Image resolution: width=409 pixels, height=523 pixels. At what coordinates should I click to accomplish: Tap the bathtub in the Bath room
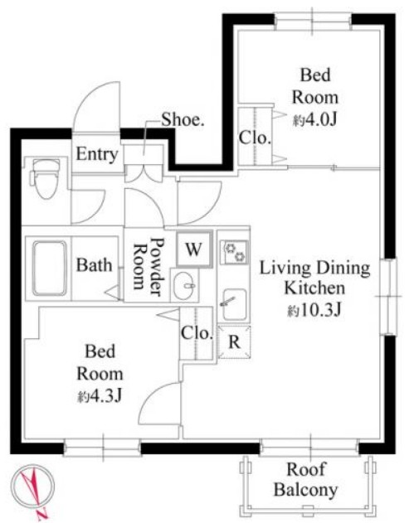(x=50, y=269)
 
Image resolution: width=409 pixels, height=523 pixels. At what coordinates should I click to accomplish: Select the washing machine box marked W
(x=194, y=249)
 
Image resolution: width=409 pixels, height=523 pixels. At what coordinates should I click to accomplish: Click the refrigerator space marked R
(x=235, y=342)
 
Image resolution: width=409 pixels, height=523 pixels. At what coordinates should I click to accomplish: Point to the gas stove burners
(x=236, y=252)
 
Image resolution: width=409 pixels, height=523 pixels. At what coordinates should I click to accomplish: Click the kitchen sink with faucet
(x=235, y=304)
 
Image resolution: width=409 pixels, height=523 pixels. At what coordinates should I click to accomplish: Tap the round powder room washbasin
(x=183, y=285)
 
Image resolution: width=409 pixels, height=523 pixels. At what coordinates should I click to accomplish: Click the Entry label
(x=97, y=154)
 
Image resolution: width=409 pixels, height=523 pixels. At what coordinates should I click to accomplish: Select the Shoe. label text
(x=183, y=119)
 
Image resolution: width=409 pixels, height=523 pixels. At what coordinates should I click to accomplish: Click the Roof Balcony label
(x=305, y=480)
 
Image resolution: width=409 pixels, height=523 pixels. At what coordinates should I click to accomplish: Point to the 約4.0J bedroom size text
(x=314, y=119)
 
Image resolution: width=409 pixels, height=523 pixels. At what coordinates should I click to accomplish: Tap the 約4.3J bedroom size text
(x=100, y=396)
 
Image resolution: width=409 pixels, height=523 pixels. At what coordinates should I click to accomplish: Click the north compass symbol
(x=32, y=487)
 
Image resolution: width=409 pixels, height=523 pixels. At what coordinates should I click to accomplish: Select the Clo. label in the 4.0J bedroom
(x=255, y=138)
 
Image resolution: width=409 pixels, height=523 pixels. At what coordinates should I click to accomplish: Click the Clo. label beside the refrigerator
(x=197, y=333)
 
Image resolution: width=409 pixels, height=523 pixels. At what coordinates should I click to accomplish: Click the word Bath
(x=94, y=265)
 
